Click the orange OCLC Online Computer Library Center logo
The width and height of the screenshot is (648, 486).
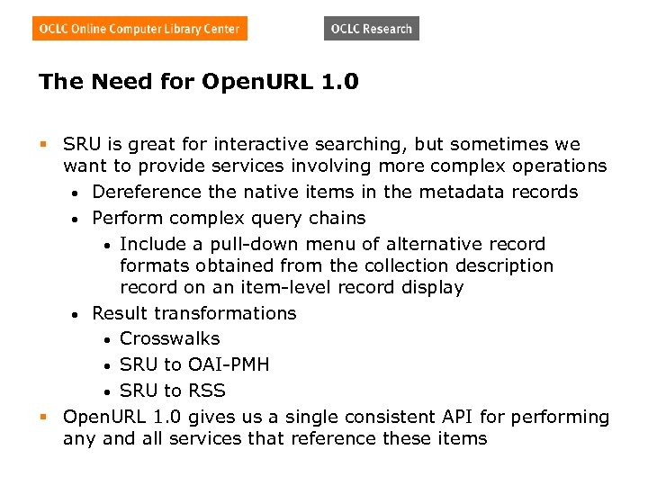click(139, 29)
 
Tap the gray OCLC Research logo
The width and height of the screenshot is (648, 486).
click(371, 29)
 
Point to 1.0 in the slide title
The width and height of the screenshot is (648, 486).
click(338, 83)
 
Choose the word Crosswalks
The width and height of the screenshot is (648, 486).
click(169, 338)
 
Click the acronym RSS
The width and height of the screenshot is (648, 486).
click(207, 391)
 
